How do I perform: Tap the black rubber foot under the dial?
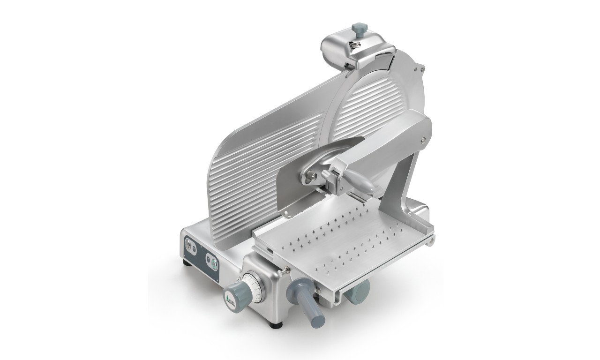[276, 323]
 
